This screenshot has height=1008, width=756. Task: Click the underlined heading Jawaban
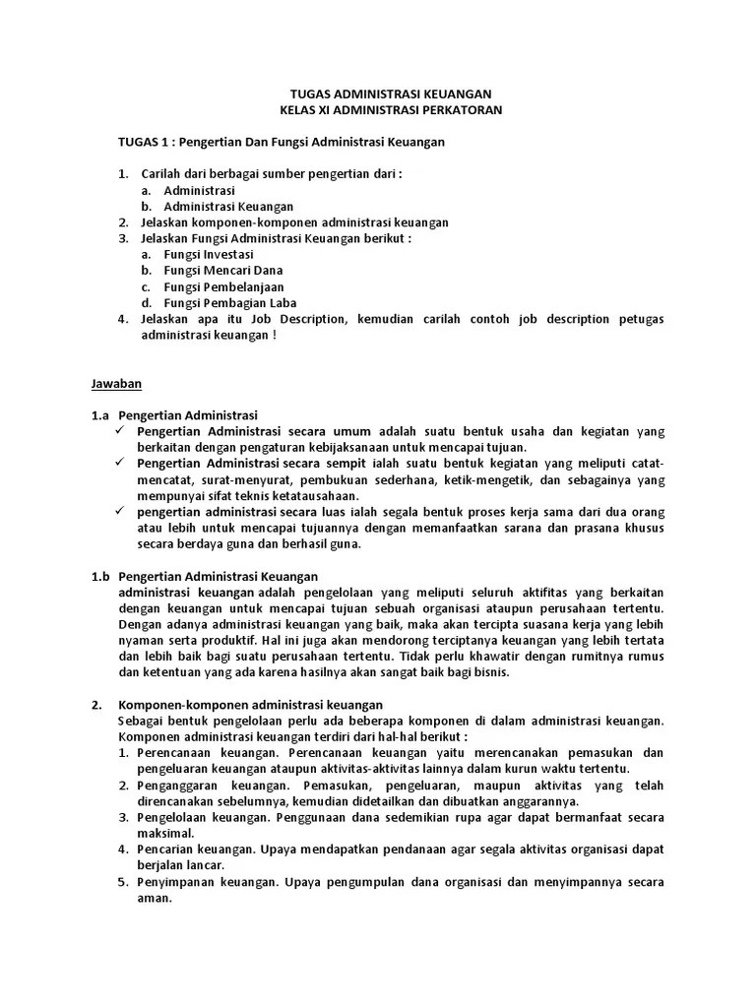(117, 382)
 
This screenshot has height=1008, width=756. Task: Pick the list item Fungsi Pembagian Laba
(230, 302)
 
